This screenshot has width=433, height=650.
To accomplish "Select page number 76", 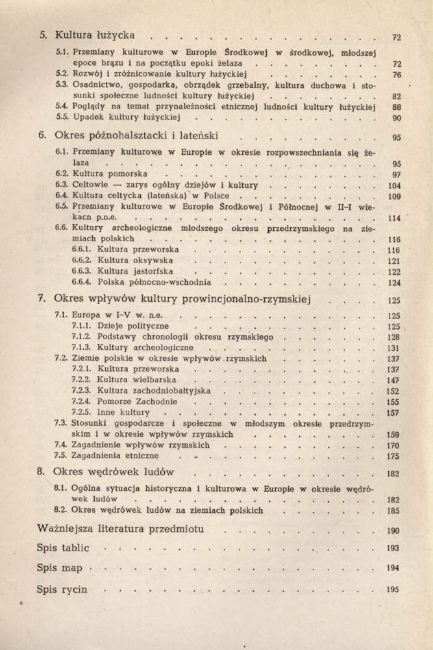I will (x=397, y=75).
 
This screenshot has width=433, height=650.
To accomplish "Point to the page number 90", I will (x=397, y=118).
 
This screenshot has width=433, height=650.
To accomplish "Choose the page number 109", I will (x=394, y=196).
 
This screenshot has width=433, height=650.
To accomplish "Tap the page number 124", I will (x=394, y=283).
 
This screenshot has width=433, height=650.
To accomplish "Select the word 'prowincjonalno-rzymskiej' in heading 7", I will (x=245, y=300).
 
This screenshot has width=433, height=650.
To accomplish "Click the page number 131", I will (x=393, y=348).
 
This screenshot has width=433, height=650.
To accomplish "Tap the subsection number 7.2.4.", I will (x=82, y=402).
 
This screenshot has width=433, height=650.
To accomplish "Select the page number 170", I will (x=393, y=445).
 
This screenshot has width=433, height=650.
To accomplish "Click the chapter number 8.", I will (x=40, y=472).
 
